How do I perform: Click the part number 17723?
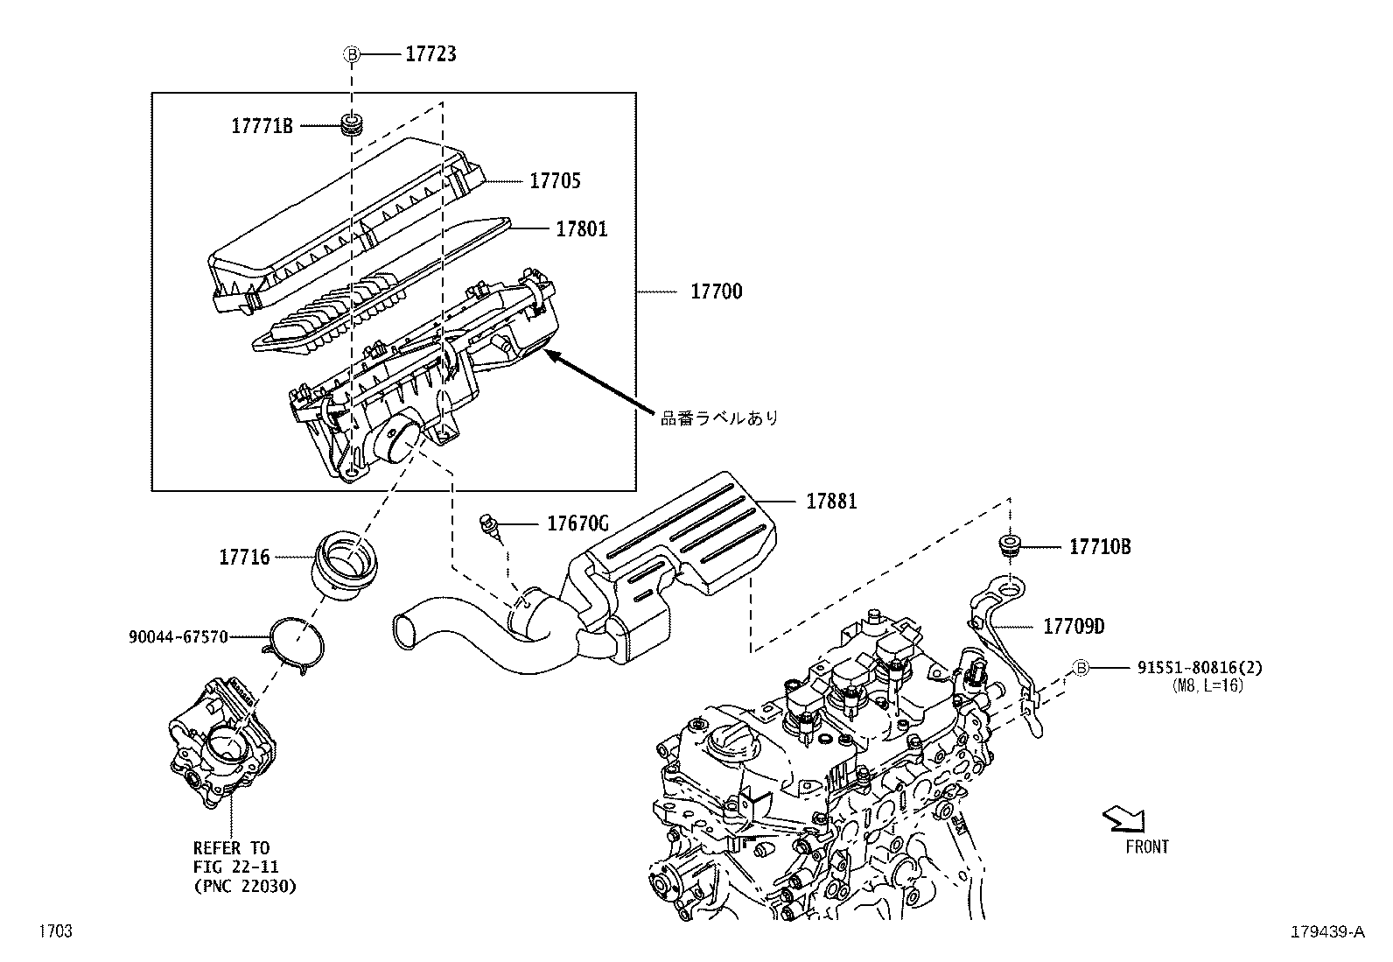(430, 54)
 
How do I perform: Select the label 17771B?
(262, 126)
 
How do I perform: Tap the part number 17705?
(555, 181)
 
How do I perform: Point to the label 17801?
(581, 229)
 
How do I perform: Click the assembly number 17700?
(716, 291)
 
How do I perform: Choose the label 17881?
(831, 502)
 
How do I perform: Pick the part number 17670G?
(577, 524)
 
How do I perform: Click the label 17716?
(244, 557)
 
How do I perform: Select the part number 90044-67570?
(177, 636)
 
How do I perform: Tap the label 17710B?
(1100, 547)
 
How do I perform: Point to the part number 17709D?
(1074, 627)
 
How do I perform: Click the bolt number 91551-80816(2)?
(1200, 668)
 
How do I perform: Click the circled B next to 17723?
(352, 54)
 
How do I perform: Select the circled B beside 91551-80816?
(1081, 668)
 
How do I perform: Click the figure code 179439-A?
(1326, 932)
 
